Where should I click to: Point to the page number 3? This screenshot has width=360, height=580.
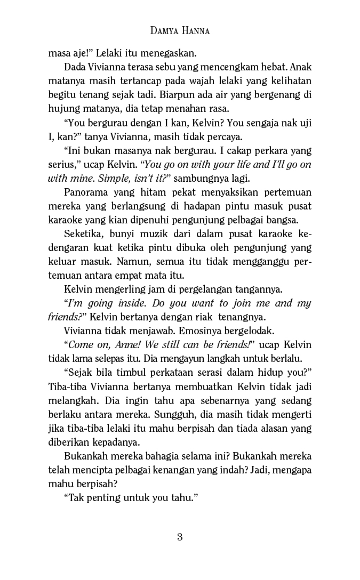pos(180,537)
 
